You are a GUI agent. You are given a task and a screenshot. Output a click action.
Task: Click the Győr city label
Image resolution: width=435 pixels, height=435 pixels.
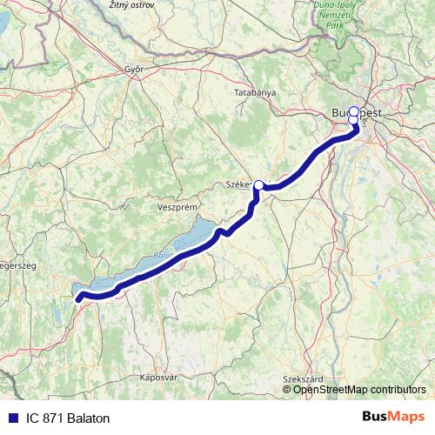[x=133, y=69]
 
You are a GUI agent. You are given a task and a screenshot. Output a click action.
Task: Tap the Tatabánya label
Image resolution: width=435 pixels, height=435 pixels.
[x=255, y=91]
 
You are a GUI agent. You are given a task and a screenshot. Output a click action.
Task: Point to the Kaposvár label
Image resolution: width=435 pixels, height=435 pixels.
[x=158, y=378]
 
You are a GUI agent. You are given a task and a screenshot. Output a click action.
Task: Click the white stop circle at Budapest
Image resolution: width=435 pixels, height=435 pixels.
[x=353, y=112]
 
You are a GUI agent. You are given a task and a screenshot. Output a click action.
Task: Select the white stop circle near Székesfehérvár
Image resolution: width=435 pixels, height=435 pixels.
[x=258, y=185]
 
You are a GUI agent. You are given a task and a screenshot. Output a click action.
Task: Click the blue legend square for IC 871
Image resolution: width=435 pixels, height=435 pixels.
[x=12, y=418]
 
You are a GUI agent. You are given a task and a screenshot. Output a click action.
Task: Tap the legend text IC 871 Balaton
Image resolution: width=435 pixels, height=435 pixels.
[x=68, y=418]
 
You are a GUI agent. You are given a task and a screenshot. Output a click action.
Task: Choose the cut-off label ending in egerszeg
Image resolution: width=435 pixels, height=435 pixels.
[x=17, y=265]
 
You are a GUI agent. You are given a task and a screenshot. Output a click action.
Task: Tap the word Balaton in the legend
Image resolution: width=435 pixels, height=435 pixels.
[x=90, y=418]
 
